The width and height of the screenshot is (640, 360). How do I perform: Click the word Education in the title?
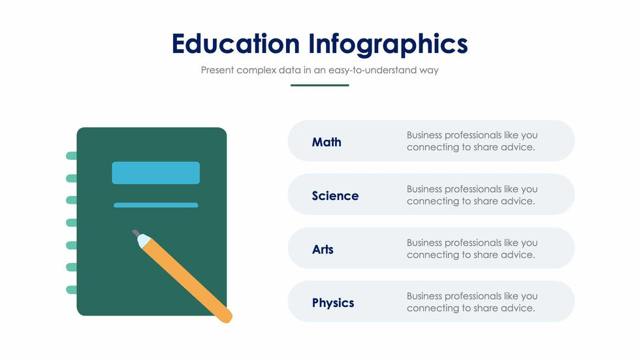click(236, 43)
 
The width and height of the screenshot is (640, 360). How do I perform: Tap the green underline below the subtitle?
click(319, 86)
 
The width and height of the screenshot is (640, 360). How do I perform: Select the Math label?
click(327, 142)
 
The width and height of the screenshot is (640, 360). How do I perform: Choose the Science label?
click(335, 196)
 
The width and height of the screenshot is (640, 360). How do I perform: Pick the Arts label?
click(323, 250)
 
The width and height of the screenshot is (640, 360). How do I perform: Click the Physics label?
click(333, 303)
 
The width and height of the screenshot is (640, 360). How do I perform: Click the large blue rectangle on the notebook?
click(156, 172)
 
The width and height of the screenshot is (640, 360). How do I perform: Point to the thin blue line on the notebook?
click(156, 205)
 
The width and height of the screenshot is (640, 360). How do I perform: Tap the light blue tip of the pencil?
click(143, 240)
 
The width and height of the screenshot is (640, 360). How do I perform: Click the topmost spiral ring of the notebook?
click(71, 155)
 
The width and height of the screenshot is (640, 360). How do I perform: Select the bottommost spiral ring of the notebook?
click(71, 290)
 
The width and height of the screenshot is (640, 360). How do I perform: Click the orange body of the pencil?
click(189, 282)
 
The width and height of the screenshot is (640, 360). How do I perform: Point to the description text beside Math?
click(472, 141)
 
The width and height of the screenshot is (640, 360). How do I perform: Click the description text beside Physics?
click(472, 302)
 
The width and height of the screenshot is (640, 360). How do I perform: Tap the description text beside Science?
click(472, 195)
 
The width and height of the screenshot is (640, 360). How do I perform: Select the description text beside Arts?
click(472, 248)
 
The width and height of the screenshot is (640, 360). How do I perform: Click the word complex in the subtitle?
click(256, 70)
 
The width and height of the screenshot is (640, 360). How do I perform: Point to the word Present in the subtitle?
click(217, 70)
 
